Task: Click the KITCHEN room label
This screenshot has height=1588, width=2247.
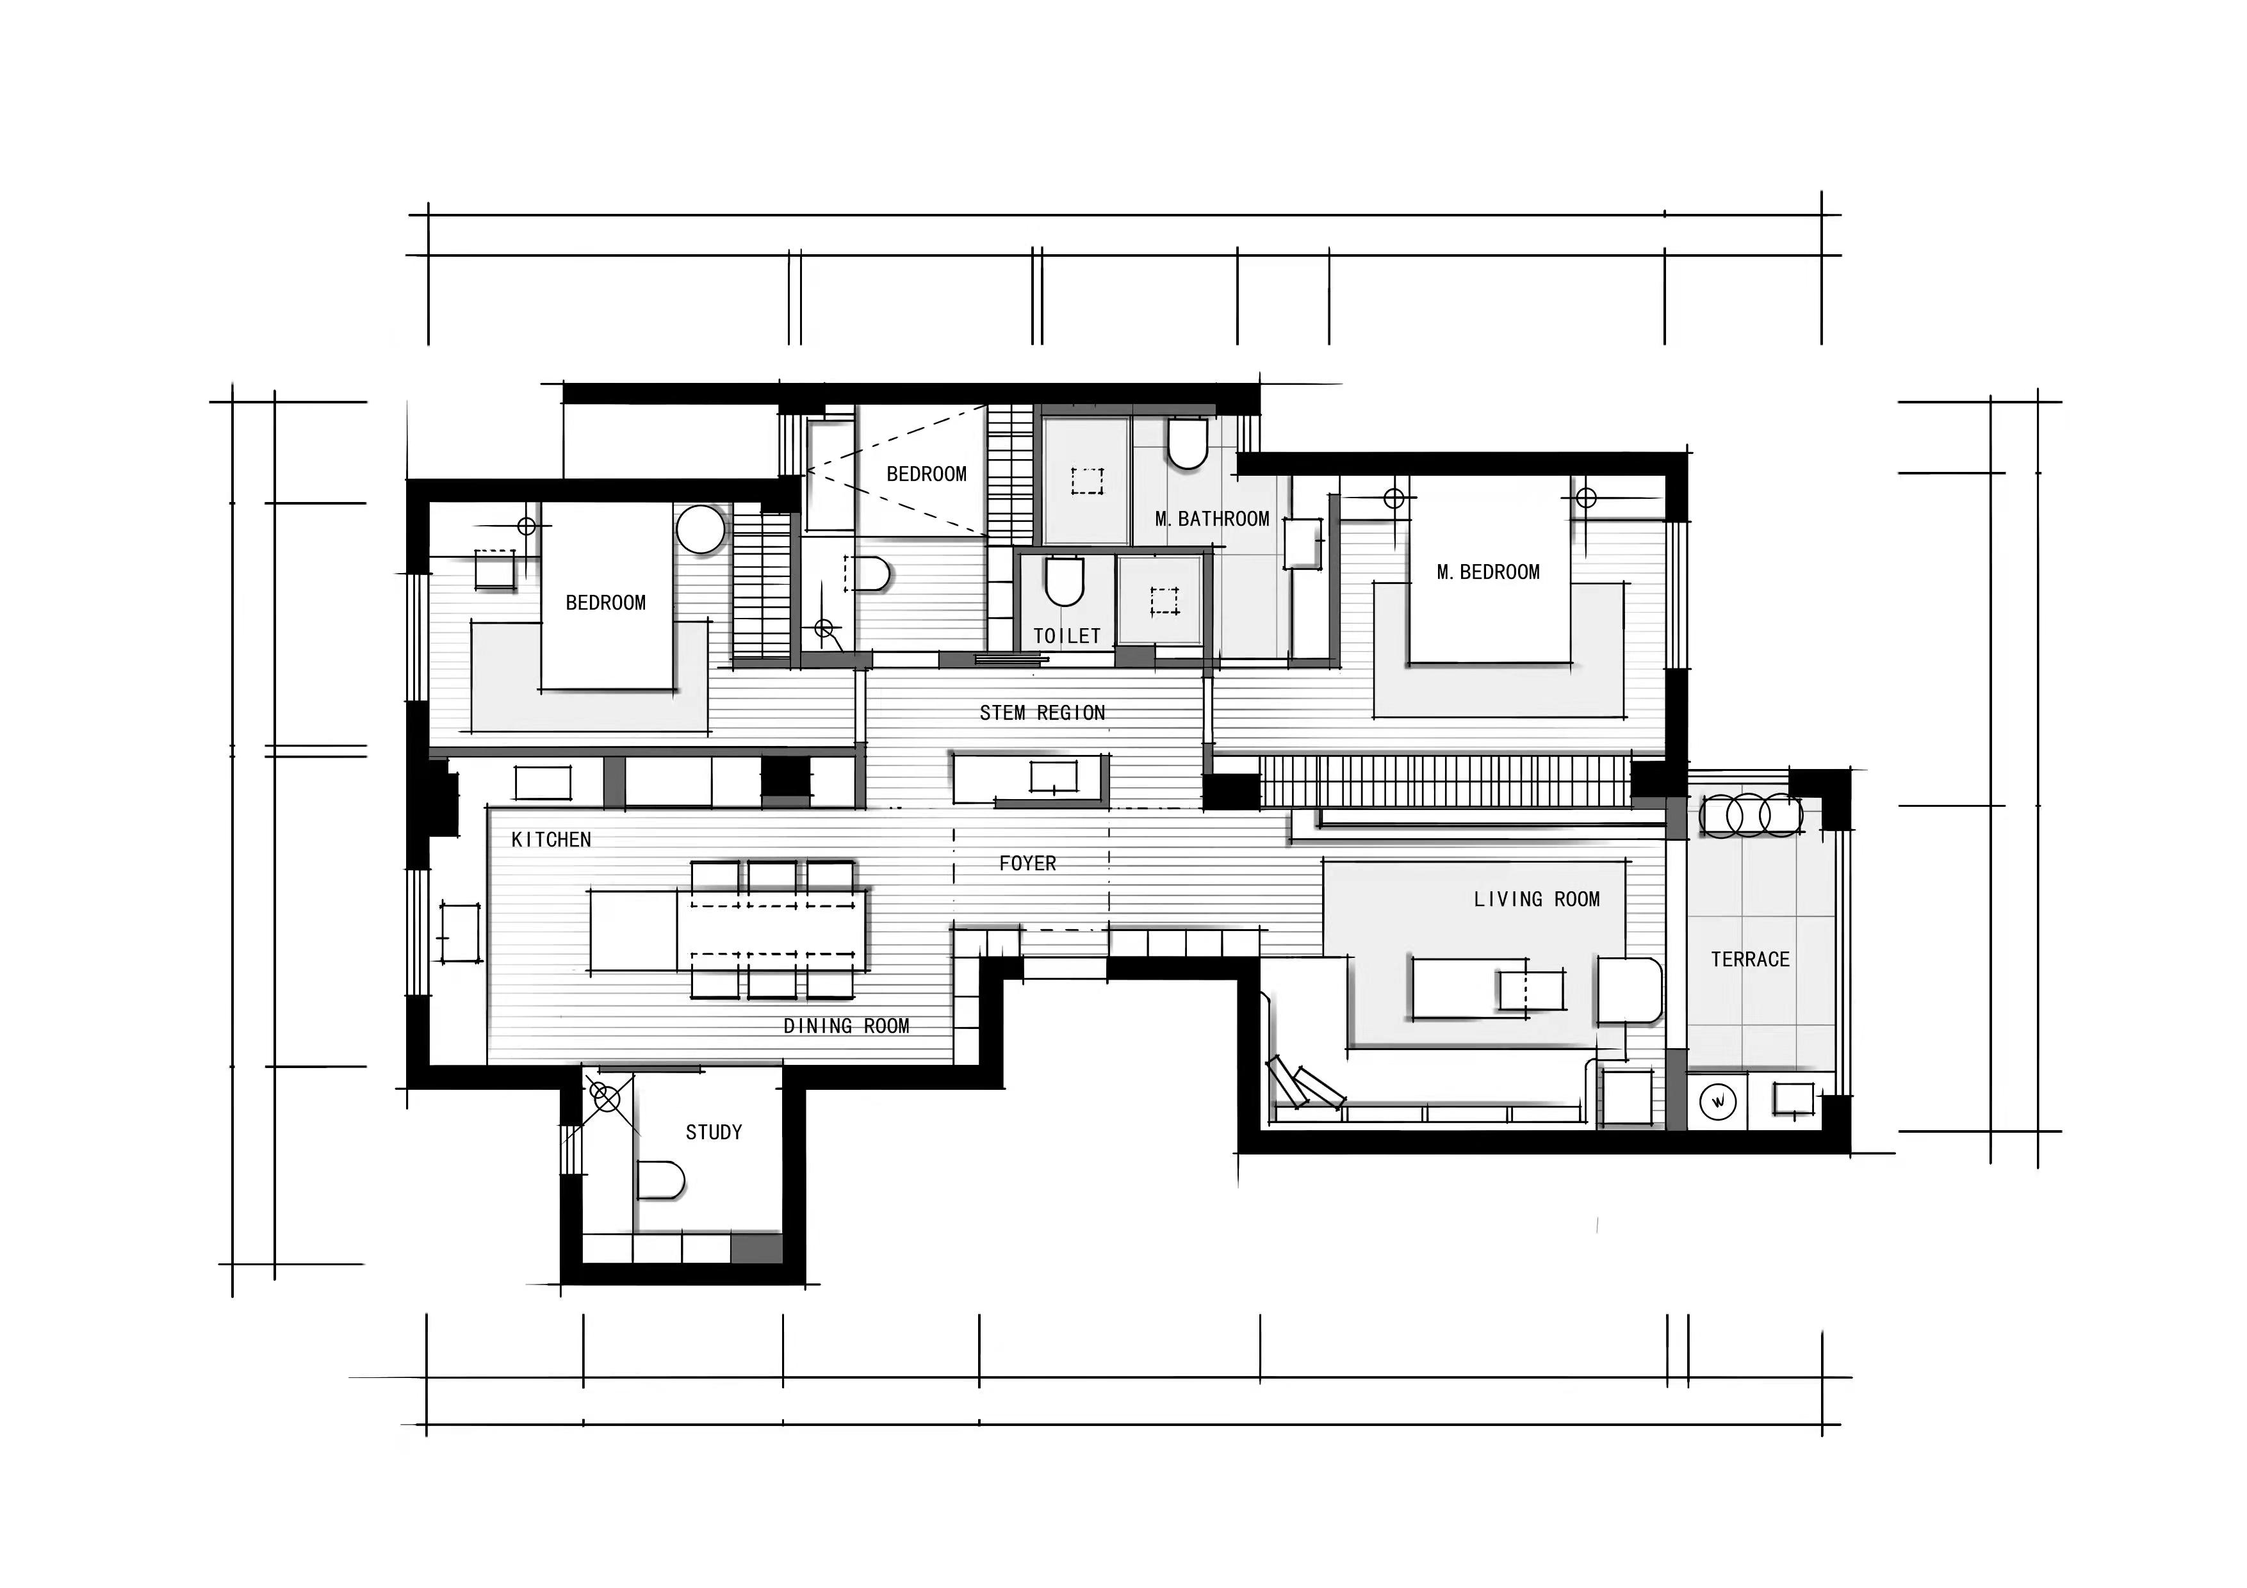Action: (551, 839)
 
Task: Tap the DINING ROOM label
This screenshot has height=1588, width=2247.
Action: (847, 1026)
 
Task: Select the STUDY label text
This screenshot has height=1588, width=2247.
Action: (714, 1132)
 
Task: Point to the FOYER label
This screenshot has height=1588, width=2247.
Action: (1027, 863)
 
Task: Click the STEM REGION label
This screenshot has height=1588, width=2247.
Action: (1042, 713)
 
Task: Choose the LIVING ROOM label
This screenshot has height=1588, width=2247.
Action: (1537, 899)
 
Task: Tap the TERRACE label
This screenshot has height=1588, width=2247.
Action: (1750, 960)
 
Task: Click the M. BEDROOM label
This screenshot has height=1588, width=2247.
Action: (1487, 572)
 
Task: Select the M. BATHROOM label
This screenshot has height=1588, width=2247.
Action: (1212, 519)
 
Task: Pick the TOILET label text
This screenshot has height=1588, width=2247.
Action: (1066, 636)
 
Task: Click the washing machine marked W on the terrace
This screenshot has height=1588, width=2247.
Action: (1717, 1102)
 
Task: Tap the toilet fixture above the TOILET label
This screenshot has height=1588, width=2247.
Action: (1065, 581)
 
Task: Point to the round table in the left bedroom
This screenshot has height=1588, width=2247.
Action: (701, 530)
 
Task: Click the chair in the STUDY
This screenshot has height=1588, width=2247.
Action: (660, 1181)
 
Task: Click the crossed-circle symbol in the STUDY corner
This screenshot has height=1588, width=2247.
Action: (607, 1100)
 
